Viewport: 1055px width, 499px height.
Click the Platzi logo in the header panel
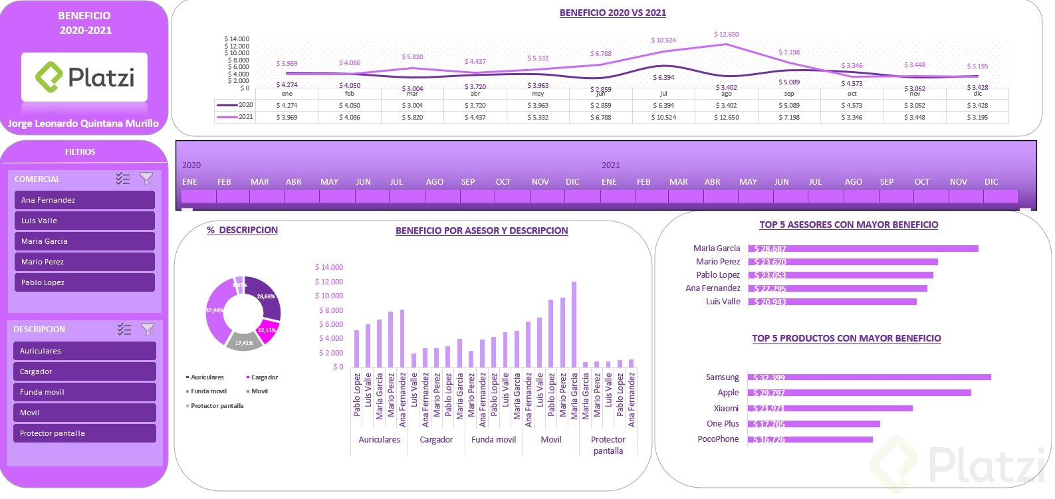pyautogui.click(x=84, y=77)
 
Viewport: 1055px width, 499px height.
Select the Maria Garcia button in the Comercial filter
pyautogui.click(x=84, y=241)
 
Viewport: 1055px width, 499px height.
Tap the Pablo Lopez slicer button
pyautogui.click(x=84, y=282)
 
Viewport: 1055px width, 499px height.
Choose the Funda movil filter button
pyautogui.click(x=84, y=392)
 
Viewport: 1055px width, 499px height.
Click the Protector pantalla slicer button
pyautogui.click(x=84, y=433)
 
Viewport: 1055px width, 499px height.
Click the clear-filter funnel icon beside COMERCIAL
pyautogui.click(x=146, y=179)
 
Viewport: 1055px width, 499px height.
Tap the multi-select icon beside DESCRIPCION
pyautogui.click(x=124, y=330)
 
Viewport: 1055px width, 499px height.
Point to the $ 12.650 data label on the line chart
pyautogui.click(x=726, y=35)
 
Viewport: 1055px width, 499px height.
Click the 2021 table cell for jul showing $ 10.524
pyautogui.click(x=663, y=118)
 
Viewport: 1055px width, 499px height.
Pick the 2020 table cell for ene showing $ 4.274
pyautogui.click(x=287, y=106)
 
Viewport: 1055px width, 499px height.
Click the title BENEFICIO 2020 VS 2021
pyautogui.click(x=612, y=13)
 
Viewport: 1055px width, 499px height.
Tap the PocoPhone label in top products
pyautogui.click(x=718, y=439)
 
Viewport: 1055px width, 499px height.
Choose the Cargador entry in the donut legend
pyautogui.click(x=264, y=377)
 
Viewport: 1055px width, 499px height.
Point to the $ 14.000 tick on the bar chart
pyautogui.click(x=329, y=267)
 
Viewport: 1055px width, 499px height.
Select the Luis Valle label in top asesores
pyautogui.click(x=723, y=302)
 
